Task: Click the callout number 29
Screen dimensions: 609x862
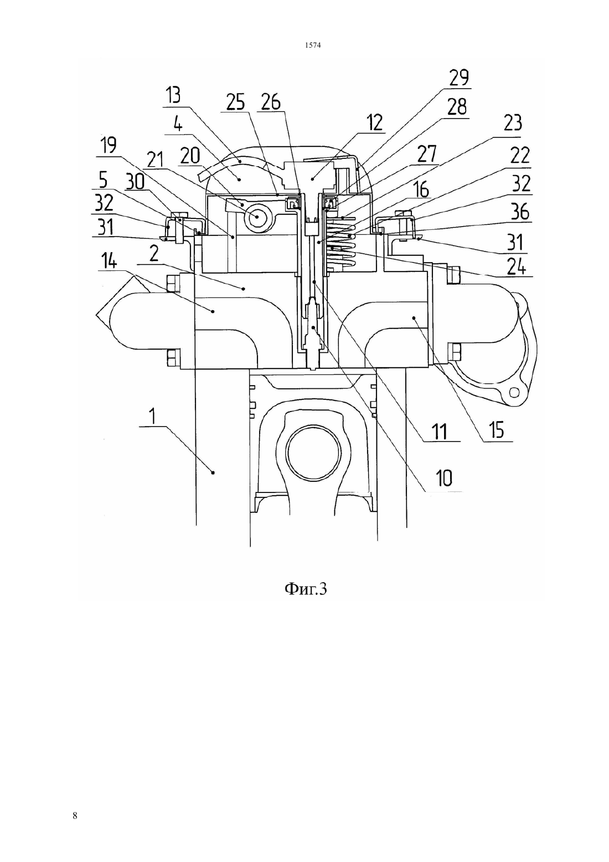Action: pos(460,78)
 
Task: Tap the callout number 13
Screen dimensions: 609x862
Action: pos(173,95)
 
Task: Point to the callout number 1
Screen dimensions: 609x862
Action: pos(153,417)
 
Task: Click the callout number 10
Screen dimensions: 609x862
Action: pos(444,478)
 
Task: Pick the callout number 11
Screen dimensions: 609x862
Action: pos(440,432)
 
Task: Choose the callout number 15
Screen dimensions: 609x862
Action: pos(497,429)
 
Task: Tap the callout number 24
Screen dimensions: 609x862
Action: pos(516,267)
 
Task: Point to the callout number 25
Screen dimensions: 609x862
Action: pos(235,102)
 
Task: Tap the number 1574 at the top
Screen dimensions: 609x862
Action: pos(313,45)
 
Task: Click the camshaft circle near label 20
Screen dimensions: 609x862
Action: pos(257,217)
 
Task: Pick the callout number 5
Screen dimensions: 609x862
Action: pos(104,181)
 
